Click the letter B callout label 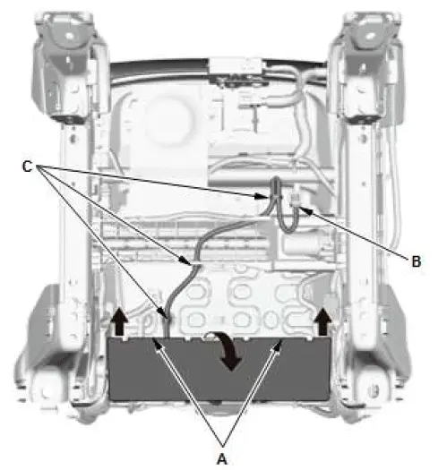coord(417,262)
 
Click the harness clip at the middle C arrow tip coord(187,262)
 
